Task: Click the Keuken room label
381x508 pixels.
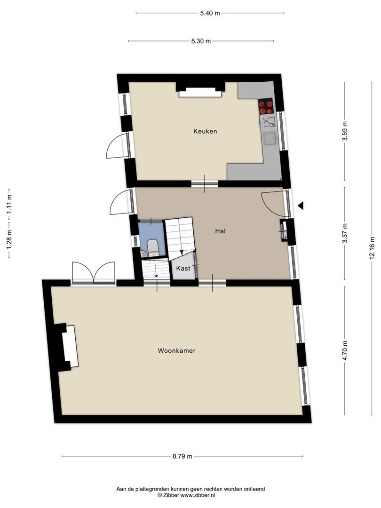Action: pos(205,131)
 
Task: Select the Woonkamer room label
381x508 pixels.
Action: pos(176,350)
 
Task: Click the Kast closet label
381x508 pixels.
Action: pos(183,268)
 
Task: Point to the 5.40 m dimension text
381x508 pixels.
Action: pos(210,13)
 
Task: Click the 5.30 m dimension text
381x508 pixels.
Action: pos(201,41)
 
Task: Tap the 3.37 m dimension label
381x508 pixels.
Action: pos(345,234)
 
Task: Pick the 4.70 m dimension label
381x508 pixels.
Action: pos(345,350)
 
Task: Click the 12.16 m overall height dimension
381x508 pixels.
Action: pos(373,248)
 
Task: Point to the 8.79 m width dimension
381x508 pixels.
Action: pos(182,456)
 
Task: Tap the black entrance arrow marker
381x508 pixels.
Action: pos(301,206)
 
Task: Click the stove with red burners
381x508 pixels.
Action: pos(266,106)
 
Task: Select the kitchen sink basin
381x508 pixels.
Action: pos(270,138)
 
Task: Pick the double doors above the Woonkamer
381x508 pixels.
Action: pos(94,273)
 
